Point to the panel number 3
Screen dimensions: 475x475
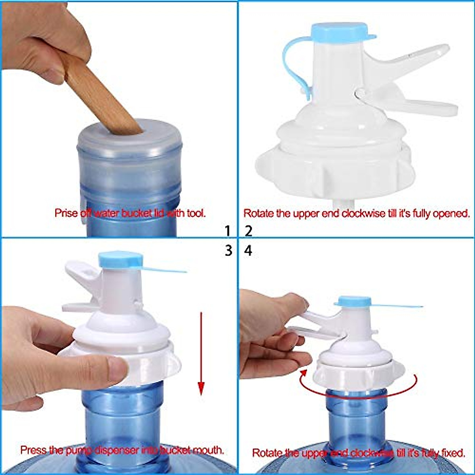(228, 251)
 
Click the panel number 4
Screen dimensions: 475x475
(249, 251)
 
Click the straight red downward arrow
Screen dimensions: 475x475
(201, 352)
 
